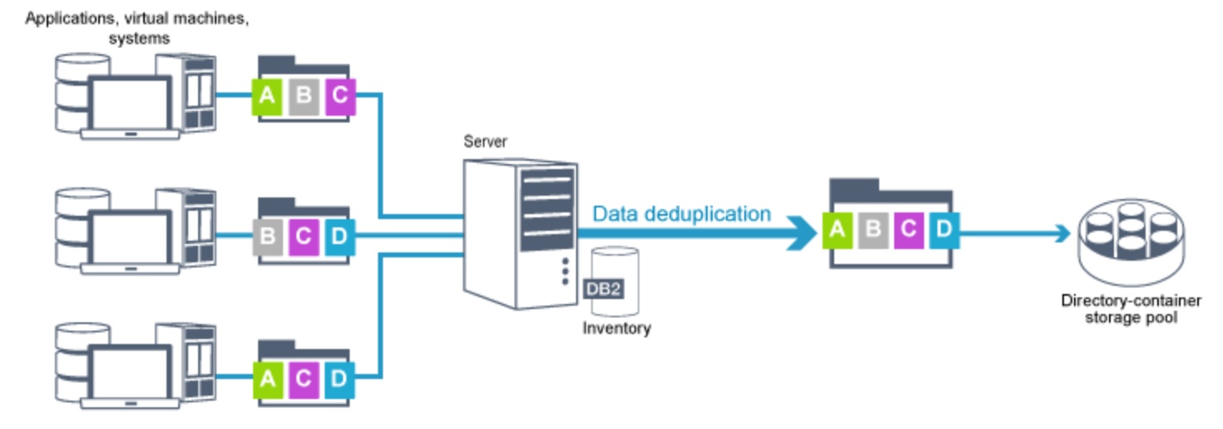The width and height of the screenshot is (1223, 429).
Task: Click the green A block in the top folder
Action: tap(267, 96)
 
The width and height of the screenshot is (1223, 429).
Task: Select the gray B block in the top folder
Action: tap(304, 96)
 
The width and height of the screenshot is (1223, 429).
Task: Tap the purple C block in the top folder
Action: tap(340, 96)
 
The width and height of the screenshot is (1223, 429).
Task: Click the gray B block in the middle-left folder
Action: tap(267, 236)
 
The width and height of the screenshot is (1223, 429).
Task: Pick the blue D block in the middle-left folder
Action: tap(339, 236)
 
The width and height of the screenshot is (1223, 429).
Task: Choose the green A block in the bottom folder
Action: tap(267, 378)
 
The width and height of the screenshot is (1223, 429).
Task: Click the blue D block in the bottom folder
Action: tap(339, 378)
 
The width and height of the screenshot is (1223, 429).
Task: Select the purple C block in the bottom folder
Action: tap(303, 378)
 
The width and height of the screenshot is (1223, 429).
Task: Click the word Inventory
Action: tap(616, 328)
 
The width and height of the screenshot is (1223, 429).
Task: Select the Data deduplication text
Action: tap(682, 214)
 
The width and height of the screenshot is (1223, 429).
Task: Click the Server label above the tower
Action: tap(485, 142)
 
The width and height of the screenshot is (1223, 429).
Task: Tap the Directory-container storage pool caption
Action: tap(1131, 309)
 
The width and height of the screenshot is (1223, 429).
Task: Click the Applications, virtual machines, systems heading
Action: tap(138, 27)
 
